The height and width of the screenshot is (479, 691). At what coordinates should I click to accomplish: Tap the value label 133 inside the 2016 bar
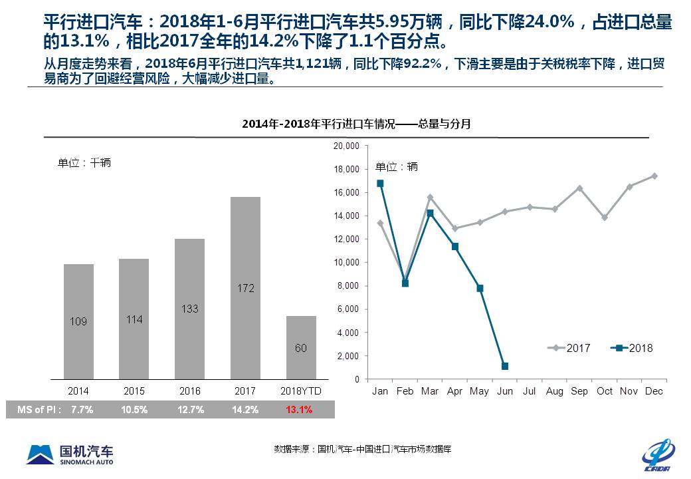click(189, 309)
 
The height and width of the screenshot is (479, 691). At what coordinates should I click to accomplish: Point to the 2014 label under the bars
click(78, 391)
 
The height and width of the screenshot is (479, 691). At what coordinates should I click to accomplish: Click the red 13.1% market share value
click(299, 410)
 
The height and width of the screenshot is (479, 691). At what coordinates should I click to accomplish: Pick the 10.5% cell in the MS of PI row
click(135, 410)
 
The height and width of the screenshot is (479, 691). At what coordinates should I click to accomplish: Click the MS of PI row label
click(39, 410)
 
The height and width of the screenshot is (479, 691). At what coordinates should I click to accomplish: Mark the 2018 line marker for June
click(505, 367)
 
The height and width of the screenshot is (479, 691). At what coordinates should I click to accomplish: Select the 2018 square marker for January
click(380, 184)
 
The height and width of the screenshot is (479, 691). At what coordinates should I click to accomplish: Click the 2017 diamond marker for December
click(654, 176)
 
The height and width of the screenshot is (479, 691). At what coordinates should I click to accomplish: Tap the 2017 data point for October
click(605, 218)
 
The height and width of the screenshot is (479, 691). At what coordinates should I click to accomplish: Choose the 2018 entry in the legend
click(634, 348)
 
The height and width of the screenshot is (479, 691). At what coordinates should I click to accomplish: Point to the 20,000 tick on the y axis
click(346, 146)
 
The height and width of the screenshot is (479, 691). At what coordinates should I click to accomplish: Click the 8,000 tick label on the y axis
click(348, 286)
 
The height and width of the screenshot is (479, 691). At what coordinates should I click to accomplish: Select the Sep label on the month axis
click(579, 391)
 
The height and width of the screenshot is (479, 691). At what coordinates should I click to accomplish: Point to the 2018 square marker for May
click(480, 289)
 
